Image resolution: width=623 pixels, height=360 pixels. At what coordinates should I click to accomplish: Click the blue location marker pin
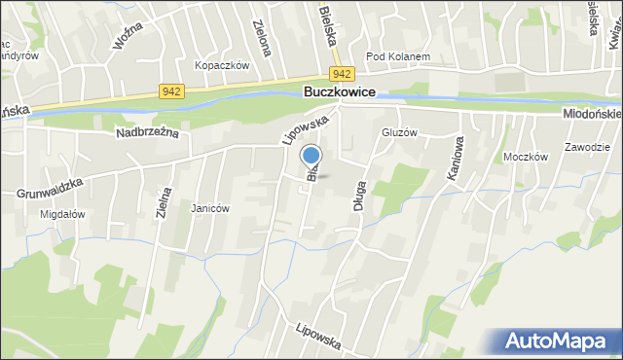tap(311, 156)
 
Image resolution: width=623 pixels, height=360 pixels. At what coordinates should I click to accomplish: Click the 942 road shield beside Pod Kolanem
tap(341, 74)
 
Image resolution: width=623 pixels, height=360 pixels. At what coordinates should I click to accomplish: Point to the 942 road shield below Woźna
tap(171, 91)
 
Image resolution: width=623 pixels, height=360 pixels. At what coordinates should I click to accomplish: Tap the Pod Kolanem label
tap(398, 56)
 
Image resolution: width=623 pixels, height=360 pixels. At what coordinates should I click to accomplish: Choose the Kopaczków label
tap(223, 65)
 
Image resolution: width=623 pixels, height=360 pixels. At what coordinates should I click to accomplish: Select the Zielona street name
tap(259, 37)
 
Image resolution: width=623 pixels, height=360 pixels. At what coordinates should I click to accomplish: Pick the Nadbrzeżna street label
tap(148, 132)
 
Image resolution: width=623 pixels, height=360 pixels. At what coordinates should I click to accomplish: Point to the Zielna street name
tap(166, 206)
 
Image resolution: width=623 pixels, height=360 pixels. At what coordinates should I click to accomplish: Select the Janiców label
tap(210, 208)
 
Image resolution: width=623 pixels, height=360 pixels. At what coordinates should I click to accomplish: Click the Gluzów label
tap(400, 132)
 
